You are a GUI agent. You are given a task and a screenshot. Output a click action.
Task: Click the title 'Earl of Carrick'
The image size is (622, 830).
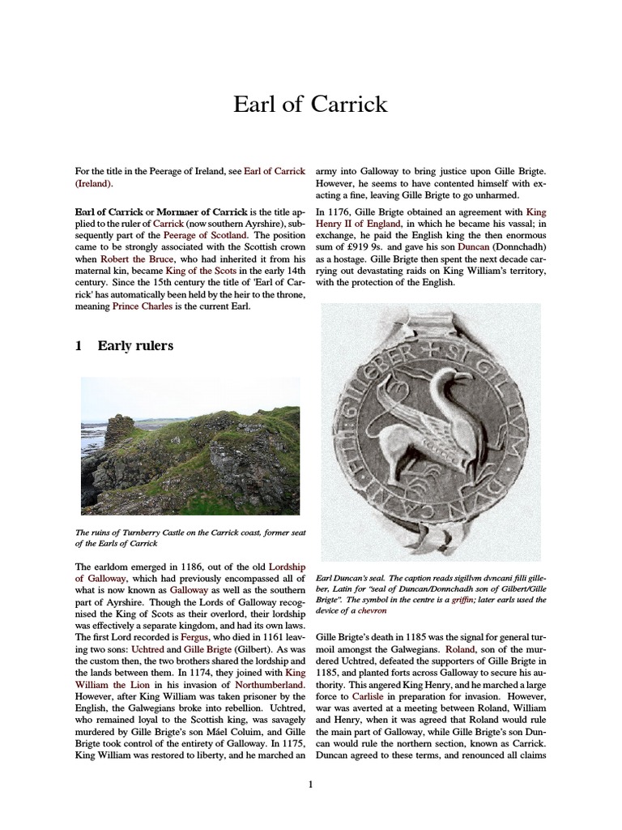tap(310, 105)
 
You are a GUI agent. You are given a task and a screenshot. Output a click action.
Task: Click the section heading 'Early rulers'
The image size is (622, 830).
tap(134, 346)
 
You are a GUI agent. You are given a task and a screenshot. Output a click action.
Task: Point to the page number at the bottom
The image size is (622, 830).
tap(310, 784)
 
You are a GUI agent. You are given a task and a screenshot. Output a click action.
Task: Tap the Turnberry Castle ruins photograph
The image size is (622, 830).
tap(190, 446)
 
